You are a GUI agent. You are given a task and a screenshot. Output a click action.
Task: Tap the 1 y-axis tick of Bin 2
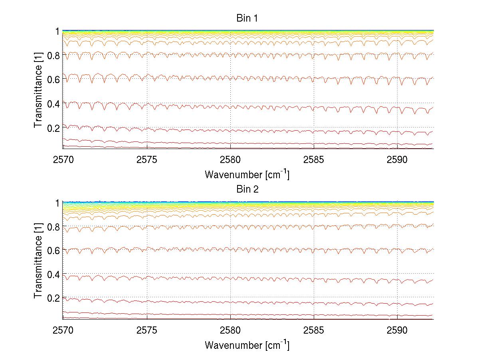(57, 203)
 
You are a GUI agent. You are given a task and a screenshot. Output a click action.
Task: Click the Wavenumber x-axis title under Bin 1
(247, 174)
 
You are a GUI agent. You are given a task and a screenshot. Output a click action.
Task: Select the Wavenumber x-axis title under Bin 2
(247, 345)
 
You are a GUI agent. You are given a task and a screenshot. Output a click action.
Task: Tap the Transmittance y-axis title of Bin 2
(38, 261)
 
